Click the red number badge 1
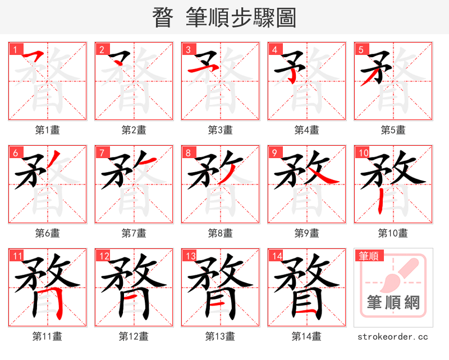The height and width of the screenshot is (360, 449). point(15,49)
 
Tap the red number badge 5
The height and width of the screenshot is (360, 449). point(360,49)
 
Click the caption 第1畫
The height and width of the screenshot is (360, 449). point(48,130)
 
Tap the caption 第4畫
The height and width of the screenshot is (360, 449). point(307,130)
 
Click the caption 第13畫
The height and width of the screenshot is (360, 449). point(220,336)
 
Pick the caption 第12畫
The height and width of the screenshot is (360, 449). point(134,336)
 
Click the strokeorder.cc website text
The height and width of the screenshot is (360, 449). point(393,336)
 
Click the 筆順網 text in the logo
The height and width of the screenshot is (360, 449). point(393,303)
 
